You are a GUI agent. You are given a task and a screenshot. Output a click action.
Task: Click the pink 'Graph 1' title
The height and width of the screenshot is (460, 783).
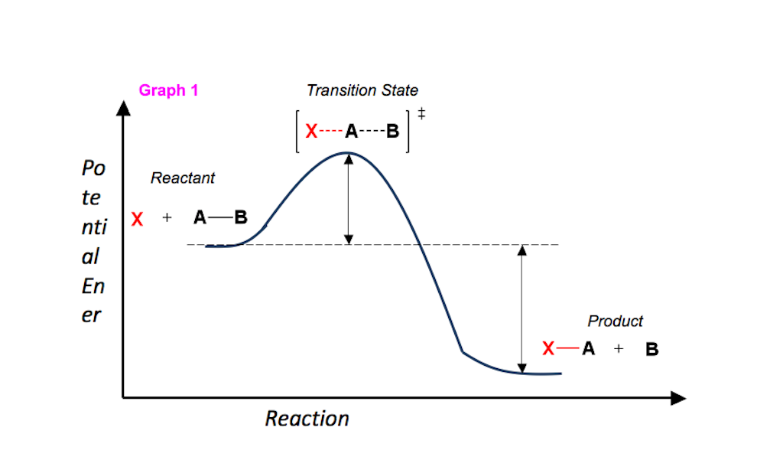[168, 90]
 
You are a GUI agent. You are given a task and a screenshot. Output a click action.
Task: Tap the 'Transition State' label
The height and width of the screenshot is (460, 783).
[362, 90]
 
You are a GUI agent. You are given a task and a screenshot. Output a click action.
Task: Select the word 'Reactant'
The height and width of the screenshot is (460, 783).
[183, 178]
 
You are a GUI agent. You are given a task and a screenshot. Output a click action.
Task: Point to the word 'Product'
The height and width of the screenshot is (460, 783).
[616, 321]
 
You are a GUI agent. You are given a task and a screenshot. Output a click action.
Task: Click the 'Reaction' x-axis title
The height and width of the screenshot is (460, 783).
[307, 419]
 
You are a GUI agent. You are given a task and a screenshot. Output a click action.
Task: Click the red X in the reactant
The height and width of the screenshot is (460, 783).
[138, 219]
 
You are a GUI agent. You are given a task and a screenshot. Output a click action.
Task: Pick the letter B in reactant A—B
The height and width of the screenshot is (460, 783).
[241, 217]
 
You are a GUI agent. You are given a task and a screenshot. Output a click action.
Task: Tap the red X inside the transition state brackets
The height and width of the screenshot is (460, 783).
[312, 131]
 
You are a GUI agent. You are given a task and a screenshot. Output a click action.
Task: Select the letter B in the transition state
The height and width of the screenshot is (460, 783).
[393, 131]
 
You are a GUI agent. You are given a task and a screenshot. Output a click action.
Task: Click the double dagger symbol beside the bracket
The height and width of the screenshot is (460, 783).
[421, 113]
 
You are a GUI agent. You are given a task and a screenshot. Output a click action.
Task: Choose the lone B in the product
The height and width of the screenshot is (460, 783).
[652, 349]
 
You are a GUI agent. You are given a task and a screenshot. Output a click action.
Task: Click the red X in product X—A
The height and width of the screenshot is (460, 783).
[548, 348]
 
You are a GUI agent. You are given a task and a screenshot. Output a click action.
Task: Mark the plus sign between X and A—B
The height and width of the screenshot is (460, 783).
[167, 217]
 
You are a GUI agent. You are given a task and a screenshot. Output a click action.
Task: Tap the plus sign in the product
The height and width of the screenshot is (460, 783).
[619, 348]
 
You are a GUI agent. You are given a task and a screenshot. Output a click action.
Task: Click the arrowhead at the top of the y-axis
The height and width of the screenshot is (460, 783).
[123, 108]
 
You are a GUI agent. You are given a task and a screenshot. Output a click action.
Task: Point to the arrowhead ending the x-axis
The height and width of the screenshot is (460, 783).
[678, 398]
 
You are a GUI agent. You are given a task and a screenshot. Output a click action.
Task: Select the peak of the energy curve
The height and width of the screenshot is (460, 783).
[348, 152]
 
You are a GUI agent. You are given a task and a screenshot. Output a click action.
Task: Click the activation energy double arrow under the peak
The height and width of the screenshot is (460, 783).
[349, 199]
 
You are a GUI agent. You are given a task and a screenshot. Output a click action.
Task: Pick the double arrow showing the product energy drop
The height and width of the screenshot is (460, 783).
[521, 309]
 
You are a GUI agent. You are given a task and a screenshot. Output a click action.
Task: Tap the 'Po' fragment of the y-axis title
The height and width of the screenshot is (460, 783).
[93, 168]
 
